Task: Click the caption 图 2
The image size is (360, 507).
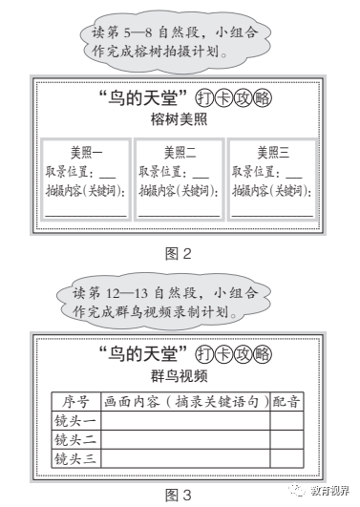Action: coord(180,254)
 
